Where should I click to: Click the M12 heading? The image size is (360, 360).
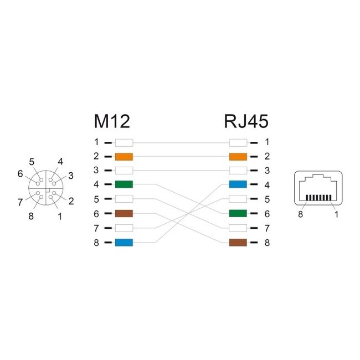coord(112,121)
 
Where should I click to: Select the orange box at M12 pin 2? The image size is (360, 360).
coord(124,156)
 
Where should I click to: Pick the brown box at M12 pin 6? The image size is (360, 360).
coord(124,214)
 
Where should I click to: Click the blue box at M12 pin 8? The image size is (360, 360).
coord(124,243)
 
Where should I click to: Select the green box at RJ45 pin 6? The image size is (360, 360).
coord(238,214)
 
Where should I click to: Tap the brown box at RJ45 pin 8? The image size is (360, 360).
coord(238,243)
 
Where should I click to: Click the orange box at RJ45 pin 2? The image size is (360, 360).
coord(238,156)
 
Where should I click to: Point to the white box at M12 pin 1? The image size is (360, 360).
coord(124,142)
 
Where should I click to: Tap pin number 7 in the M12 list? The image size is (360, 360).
coord(96,228)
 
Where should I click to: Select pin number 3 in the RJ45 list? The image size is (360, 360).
coord(266,171)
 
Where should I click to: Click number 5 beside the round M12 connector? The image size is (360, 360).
coord(32,162)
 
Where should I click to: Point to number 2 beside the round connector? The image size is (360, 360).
coord(70,202)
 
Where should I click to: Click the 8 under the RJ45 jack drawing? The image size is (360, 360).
coord(300,215)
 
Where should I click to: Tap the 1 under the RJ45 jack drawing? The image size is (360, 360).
coord(337,215)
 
